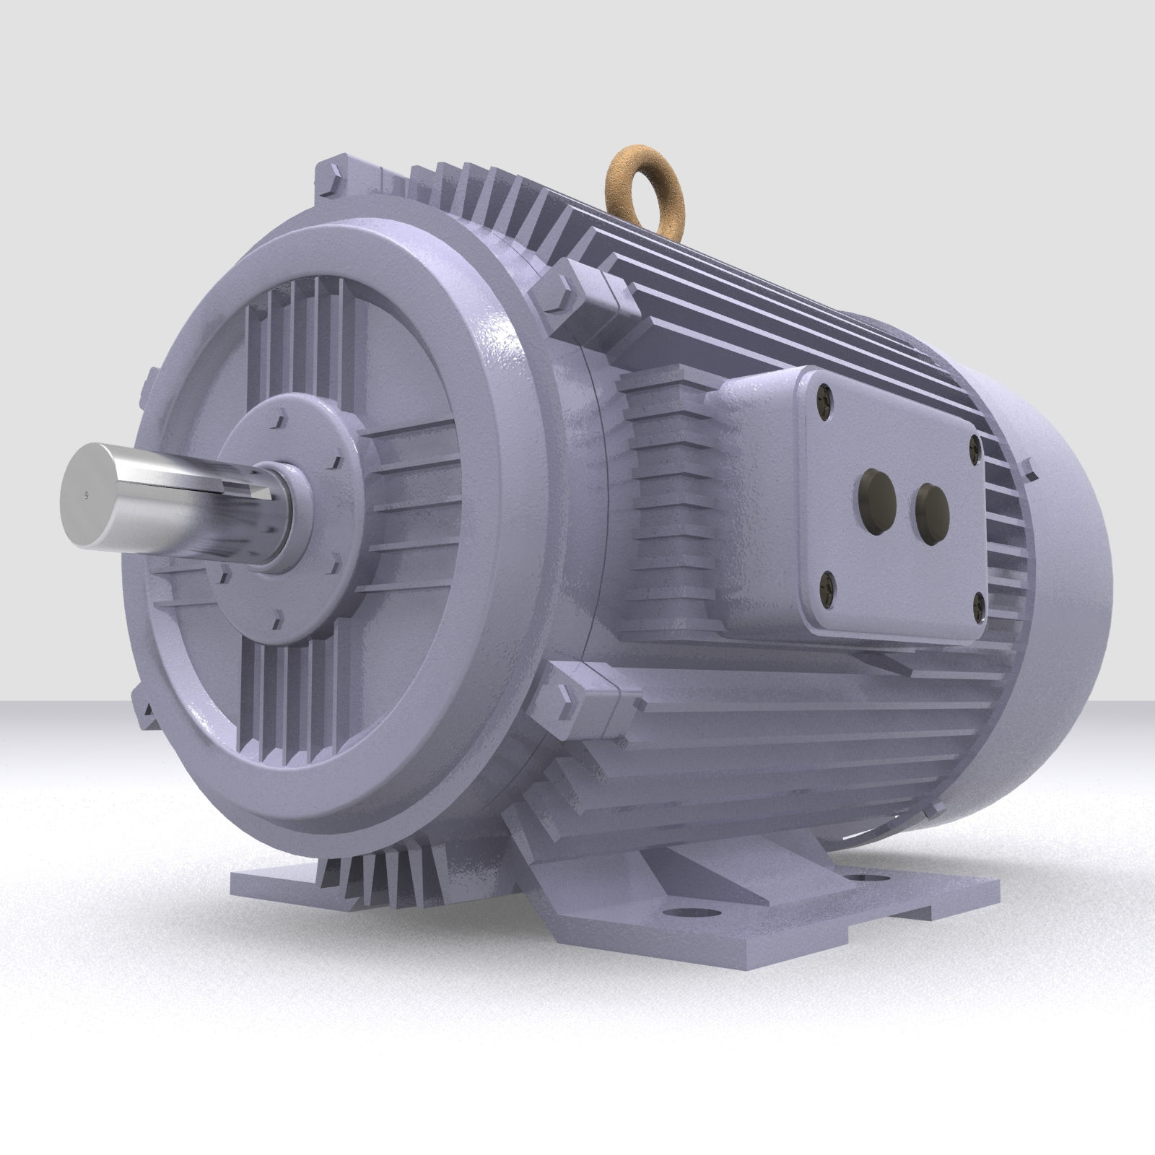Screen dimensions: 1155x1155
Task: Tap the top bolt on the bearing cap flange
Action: [x=279, y=417]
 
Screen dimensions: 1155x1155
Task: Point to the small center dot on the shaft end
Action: [x=86, y=495]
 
